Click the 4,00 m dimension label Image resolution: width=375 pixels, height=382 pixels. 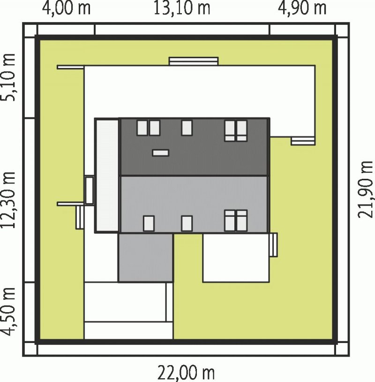click(66, 8)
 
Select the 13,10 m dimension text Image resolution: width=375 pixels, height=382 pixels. click(181, 8)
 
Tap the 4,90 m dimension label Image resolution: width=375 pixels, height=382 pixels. click(302, 8)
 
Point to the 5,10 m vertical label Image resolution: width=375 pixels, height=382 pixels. click(9, 77)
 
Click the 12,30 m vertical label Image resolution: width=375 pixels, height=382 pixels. click(9, 200)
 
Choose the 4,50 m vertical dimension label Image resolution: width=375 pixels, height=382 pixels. click(9, 312)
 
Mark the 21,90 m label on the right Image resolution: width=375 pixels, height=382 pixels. click(366, 189)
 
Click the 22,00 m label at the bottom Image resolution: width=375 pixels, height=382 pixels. click(186, 373)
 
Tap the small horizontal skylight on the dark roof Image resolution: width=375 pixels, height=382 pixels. click(160, 153)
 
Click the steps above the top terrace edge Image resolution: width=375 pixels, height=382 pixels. click(194, 61)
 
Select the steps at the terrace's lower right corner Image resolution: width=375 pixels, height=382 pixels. click(303, 141)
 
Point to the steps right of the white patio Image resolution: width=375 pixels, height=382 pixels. click(274, 244)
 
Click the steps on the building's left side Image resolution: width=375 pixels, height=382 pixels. click(80, 217)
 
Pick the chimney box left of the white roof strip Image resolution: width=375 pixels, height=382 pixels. click(90, 190)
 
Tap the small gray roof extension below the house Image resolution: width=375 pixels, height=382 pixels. click(145, 258)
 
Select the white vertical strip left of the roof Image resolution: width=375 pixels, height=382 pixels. click(107, 176)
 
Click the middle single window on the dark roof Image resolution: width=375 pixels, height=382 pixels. click(187, 128)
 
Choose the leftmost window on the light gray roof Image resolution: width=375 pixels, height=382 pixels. click(149, 223)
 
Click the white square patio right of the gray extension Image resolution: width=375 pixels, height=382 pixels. click(236, 258)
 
